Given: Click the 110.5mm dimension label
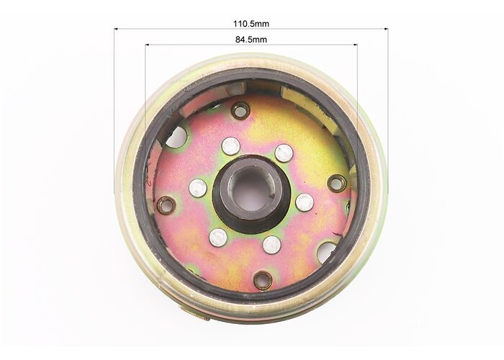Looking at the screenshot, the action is pyautogui.click(x=251, y=24).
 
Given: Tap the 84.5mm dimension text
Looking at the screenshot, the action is pyautogui.click(x=251, y=40).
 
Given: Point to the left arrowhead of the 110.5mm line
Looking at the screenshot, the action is pyautogui.click(x=117, y=29).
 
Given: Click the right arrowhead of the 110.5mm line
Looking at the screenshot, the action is pyautogui.click(x=386, y=29).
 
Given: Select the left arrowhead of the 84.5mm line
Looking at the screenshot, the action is pyautogui.click(x=147, y=45).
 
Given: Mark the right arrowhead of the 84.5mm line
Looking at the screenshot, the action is pyautogui.click(x=355, y=45).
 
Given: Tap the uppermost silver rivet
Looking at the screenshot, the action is pyautogui.click(x=231, y=145).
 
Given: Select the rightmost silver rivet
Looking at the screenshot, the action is pyautogui.click(x=305, y=202).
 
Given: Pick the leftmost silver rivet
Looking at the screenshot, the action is pyautogui.click(x=198, y=188).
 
